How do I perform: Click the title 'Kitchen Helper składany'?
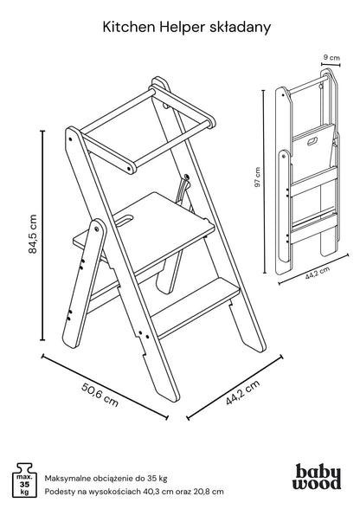187,28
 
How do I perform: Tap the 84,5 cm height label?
33,234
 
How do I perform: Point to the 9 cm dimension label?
331,58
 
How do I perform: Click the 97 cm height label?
257,177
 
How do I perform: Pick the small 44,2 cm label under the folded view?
317,273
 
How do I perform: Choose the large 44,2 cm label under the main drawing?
243,392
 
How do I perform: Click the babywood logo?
317,476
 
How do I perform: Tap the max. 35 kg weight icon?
24,480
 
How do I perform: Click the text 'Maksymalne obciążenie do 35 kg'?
106,478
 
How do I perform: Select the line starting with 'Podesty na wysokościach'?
134,491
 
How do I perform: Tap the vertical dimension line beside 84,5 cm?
42,235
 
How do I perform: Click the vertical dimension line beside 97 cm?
264,181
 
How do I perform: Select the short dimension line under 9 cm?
331,64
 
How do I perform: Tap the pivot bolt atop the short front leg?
97,229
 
